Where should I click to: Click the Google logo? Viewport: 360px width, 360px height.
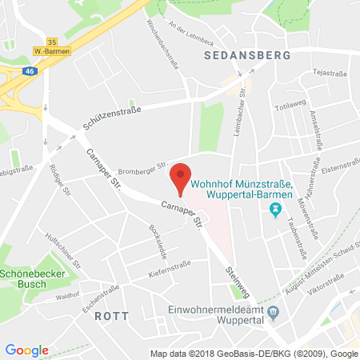click(26, 350)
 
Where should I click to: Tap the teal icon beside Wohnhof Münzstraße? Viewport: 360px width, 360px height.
click(276, 210)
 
